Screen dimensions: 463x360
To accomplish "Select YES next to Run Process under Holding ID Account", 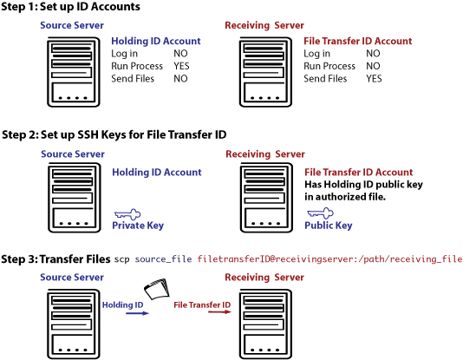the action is [181, 66].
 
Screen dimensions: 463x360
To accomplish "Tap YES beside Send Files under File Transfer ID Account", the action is [374, 79].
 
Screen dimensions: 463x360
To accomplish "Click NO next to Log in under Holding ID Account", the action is [180, 54].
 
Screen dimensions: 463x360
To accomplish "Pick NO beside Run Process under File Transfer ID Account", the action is [373, 66].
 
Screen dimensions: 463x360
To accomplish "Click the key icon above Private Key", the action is [127, 214].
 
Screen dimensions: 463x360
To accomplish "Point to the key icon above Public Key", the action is [321, 213].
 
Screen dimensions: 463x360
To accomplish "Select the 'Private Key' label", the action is [138, 226].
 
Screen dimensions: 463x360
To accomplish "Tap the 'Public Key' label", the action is [329, 226].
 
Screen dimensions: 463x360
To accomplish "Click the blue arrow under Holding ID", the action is [137, 313].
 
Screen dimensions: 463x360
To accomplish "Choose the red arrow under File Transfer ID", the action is [219, 312].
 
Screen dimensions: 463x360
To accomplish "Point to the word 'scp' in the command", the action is [121, 259].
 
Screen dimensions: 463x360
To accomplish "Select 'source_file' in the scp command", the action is [163, 259].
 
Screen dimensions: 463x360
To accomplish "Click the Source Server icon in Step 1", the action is [74, 72].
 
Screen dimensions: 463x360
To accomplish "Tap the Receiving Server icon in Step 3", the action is [266, 324].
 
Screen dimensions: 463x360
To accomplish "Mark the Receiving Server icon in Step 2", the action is [267, 198].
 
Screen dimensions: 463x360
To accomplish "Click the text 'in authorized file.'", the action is [345, 197].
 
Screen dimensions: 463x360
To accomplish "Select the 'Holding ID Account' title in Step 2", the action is [157, 172].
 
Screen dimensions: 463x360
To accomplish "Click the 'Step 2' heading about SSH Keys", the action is [114, 134].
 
